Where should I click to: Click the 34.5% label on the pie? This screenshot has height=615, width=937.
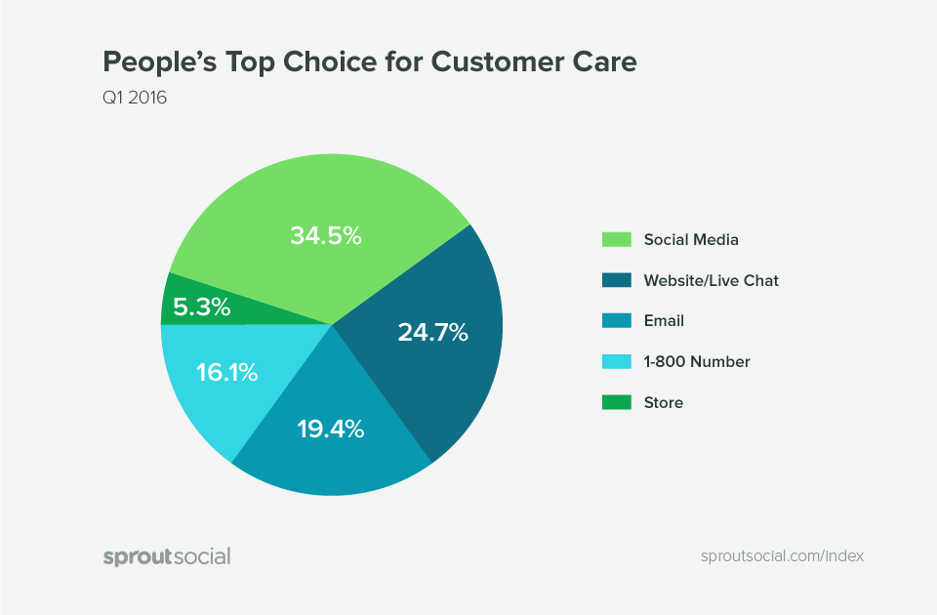coord(326,235)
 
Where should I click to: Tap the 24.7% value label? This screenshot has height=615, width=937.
coord(432,332)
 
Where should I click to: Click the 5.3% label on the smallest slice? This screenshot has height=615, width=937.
coord(202,307)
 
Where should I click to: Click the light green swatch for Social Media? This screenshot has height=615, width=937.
coord(615,239)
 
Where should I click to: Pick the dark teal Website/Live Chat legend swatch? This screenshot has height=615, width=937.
coord(615,280)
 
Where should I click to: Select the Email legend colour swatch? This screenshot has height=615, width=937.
coord(615,320)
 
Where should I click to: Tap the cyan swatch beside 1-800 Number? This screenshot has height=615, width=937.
coord(615,361)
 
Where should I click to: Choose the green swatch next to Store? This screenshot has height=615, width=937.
coord(615,402)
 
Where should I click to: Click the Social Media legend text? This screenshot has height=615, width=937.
coord(691,239)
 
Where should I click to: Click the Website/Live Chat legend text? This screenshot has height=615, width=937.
coord(711,280)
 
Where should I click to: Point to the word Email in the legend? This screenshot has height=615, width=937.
coord(664,320)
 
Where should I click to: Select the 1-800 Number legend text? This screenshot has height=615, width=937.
coord(697,361)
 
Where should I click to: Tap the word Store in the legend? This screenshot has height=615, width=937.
coord(664,402)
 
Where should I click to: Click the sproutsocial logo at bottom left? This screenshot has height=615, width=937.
coord(167,556)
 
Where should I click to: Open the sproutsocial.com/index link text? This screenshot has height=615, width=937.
coord(782,556)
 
